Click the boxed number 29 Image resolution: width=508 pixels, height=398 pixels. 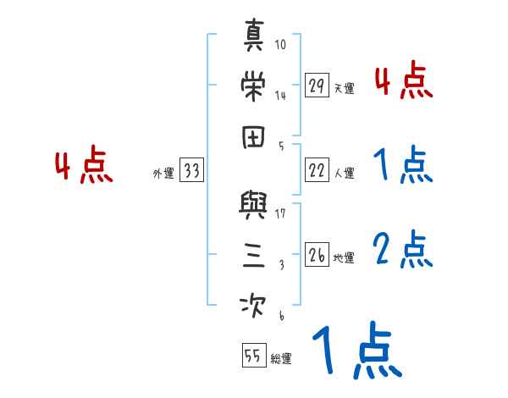[317, 86]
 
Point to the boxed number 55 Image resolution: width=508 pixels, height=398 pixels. [252, 356]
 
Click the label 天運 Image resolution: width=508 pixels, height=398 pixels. [344, 88]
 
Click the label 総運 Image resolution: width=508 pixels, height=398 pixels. [280, 358]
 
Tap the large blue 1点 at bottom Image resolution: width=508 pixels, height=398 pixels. [356, 351]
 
